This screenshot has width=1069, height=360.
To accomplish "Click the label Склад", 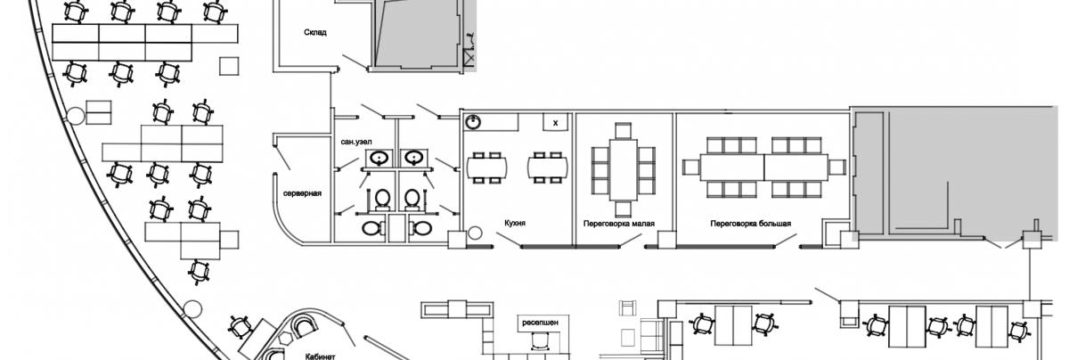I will [x=314, y=32].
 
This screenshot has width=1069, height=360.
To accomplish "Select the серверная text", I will [x=302, y=193].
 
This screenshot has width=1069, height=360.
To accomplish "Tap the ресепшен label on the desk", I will [x=541, y=317].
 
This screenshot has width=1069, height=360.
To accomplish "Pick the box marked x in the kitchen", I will [x=557, y=122].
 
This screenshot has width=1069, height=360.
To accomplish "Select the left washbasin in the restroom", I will [x=380, y=159].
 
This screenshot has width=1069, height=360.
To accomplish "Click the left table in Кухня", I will [x=487, y=166].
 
